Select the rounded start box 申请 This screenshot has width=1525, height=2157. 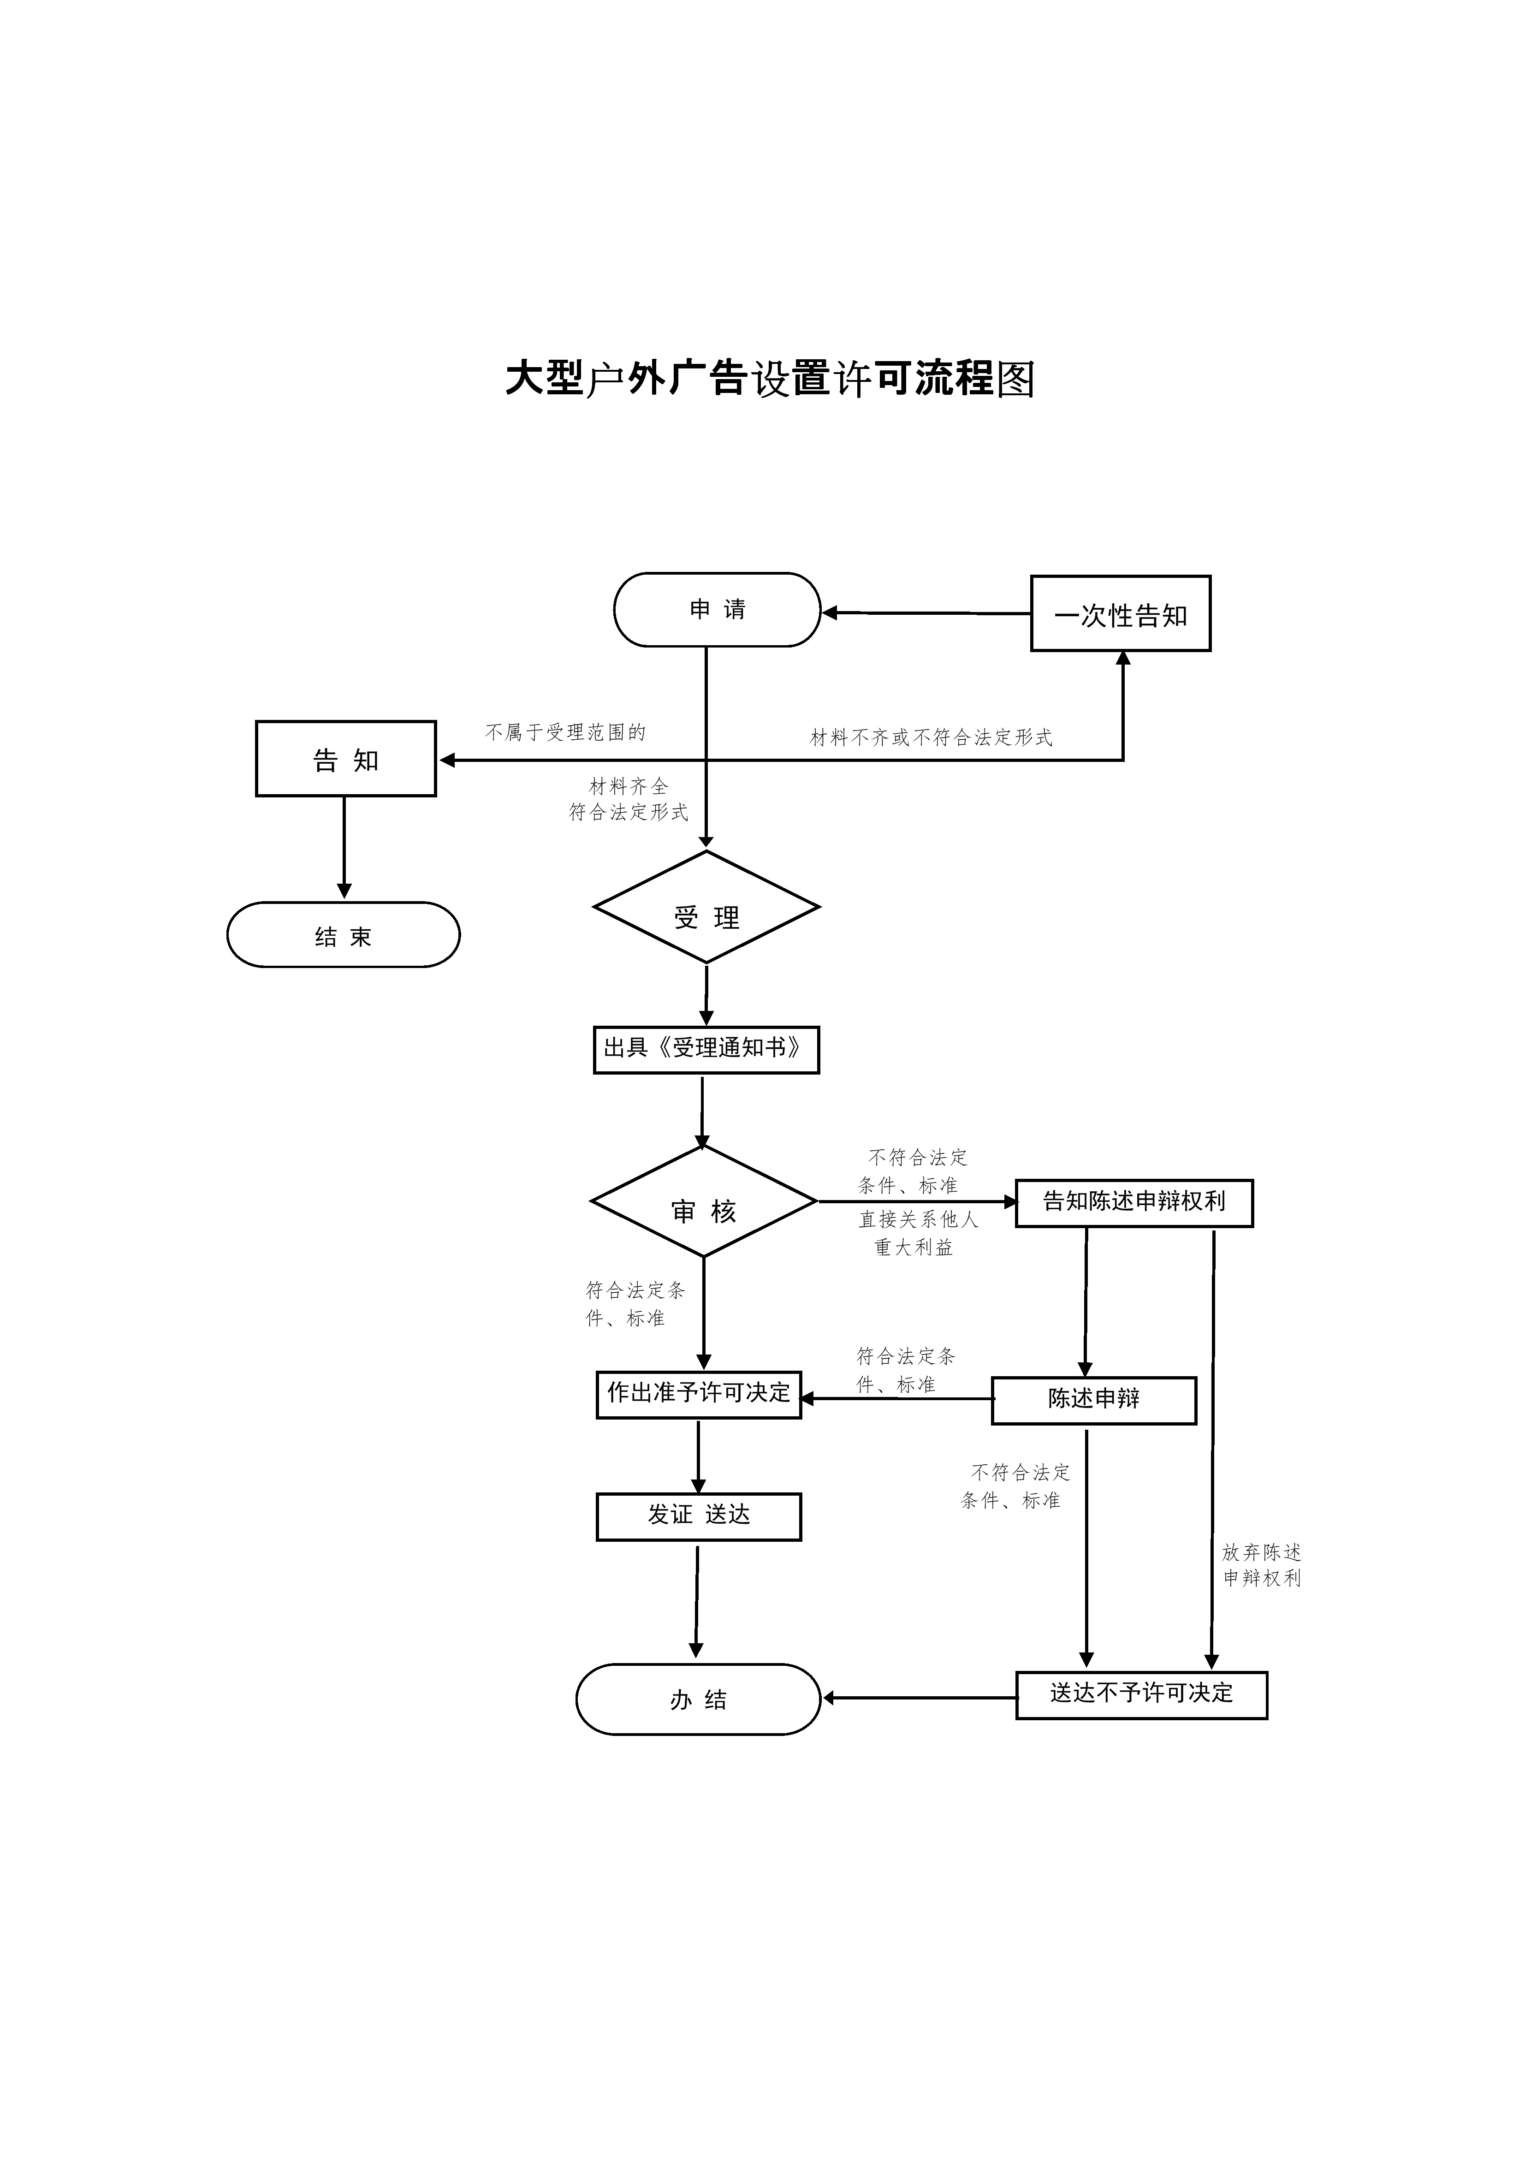pos(717,610)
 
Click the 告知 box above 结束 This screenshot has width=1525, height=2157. pos(346,759)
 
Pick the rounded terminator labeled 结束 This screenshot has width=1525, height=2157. pos(343,935)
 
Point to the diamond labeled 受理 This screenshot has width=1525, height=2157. pos(706,908)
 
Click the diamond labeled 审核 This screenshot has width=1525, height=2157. pos(704,1201)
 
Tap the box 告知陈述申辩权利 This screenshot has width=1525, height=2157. pos(1134,1203)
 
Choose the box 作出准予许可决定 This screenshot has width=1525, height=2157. pos(699,1395)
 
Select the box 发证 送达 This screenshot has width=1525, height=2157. pos(699,1517)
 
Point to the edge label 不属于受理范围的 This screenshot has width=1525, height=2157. pos(566,732)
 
